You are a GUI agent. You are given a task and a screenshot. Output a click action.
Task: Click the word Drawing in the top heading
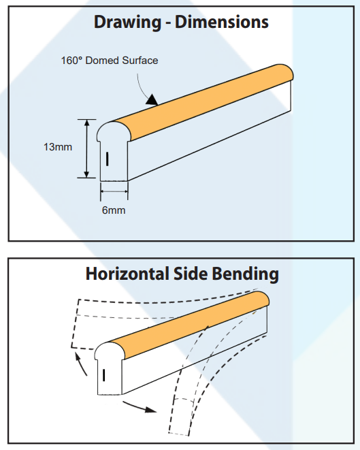click(127, 22)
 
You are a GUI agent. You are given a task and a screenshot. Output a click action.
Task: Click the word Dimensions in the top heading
click(222, 22)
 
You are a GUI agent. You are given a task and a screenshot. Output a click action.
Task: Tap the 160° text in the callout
click(71, 61)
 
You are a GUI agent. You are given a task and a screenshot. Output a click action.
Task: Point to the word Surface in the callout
click(140, 61)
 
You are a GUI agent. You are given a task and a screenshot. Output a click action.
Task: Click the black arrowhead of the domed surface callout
click(152, 100)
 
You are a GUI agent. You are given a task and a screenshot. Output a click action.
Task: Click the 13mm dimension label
click(58, 147)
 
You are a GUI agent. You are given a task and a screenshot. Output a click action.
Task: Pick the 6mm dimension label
click(114, 210)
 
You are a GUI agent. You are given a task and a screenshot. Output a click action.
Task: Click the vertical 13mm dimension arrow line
click(86, 148)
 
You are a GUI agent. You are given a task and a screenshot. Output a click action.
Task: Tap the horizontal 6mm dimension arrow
click(114, 191)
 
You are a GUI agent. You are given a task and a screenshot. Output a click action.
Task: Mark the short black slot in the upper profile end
click(108, 159)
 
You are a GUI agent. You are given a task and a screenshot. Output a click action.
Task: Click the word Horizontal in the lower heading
click(127, 274)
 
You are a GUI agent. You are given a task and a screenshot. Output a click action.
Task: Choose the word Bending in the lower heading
click(246, 274)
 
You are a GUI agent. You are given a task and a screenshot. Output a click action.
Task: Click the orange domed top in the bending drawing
click(189, 324)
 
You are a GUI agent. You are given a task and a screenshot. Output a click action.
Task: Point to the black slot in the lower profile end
click(103, 375)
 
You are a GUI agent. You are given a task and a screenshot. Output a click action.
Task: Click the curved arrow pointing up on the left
click(80, 364)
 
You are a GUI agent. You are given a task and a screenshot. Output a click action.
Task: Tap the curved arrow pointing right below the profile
click(140, 407)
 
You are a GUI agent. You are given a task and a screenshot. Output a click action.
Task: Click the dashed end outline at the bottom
click(179, 434)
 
